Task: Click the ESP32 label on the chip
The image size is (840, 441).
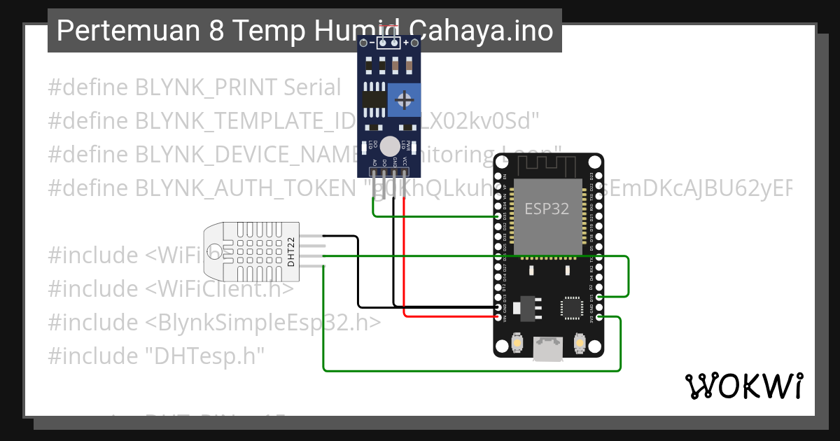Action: [x=547, y=208]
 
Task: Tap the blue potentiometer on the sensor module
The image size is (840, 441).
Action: [x=404, y=101]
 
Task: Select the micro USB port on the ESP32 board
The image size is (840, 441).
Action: [x=547, y=348]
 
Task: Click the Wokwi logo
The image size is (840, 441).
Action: [x=743, y=386]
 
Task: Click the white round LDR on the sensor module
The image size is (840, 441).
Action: [x=390, y=146]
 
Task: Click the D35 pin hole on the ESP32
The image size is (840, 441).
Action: [x=498, y=217]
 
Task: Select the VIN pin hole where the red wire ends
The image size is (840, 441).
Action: [x=498, y=317]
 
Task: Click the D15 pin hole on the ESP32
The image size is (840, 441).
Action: [x=598, y=297]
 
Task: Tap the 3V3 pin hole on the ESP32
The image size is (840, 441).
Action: [x=598, y=317]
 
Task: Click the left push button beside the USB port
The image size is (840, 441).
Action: [x=516, y=343]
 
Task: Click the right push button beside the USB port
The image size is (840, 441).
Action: [x=579, y=343]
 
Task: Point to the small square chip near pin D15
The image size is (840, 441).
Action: [x=571, y=307]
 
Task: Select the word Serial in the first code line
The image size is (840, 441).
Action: [x=312, y=87]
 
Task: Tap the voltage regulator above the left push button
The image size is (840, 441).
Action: [x=526, y=307]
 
